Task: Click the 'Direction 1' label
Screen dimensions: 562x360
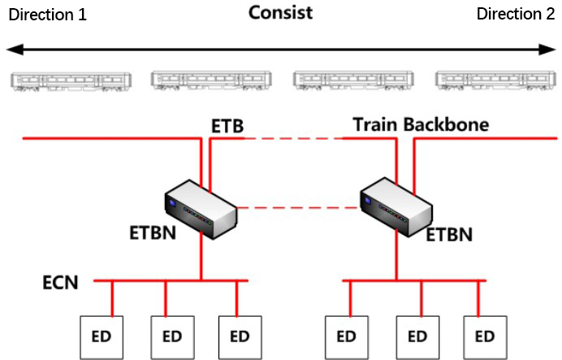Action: click(48, 15)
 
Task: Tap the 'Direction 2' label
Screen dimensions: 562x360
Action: click(516, 14)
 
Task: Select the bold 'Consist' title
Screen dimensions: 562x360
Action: click(281, 12)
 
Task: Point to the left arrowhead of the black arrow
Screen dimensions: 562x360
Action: click(15, 50)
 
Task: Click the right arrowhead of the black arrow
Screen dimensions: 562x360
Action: click(547, 50)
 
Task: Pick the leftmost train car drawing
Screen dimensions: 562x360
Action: click(71, 82)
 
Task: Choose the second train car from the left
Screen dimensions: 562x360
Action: click(211, 80)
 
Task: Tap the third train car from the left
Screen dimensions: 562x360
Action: click(353, 80)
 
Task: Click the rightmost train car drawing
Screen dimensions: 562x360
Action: click(495, 80)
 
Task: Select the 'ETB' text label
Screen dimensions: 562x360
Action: click(227, 126)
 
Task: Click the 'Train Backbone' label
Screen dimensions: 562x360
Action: click(421, 125)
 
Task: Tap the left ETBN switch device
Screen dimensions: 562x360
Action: click(201, 210)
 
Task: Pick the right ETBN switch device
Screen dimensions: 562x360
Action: click(396, 207)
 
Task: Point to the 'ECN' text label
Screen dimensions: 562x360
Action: click(60, 283)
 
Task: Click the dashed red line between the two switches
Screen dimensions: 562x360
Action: click(298, 207)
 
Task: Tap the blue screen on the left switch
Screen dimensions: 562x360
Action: click(173, 203)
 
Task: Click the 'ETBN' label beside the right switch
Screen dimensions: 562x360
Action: click(449, 235)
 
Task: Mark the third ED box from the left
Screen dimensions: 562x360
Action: click(240, 337)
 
